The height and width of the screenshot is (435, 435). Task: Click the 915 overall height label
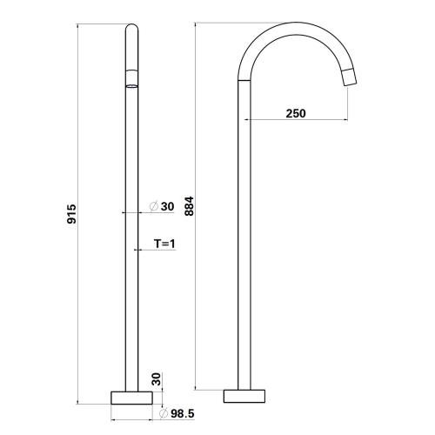click(x=71, y=214)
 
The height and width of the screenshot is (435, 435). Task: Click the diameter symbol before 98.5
click(x=164, y=414)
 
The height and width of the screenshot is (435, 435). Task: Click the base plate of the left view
click(x=130, y=397)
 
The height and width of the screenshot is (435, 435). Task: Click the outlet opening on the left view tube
click(x=130, y=85)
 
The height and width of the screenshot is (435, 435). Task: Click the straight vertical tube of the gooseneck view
click(x=244, y=261)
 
